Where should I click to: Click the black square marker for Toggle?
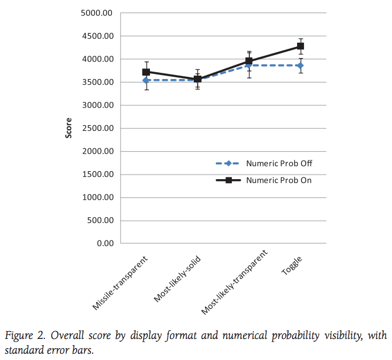[x=301, y=46]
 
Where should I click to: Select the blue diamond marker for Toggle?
[x=301, y=65]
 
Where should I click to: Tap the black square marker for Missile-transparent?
[x=146, y=72]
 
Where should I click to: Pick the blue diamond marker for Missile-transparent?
[x=145, y=80]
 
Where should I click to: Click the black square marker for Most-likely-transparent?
[x=249, y=61]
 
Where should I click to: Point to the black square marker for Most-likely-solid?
[x=198, y=79]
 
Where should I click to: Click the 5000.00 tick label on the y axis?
[x=97, y=13]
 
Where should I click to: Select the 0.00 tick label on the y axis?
[x=105, y=243]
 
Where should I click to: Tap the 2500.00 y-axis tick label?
[x=98, y=128]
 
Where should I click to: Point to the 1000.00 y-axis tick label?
[x=98, y=197]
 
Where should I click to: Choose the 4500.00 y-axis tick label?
[x=98, y=36]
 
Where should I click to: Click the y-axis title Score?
[x=69, y=128]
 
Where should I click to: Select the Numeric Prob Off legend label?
[x=279, y=163]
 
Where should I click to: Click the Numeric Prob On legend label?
[x=279, y=180]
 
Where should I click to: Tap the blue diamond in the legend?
[x=228, y=163]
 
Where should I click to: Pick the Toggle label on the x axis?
[x=292, y=266]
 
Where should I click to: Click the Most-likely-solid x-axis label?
[x=177, y=279]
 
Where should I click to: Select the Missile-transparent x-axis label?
[x=120, y=283]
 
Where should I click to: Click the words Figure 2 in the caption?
[x=25, y=336]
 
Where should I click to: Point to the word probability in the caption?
[x=295, y=336]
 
